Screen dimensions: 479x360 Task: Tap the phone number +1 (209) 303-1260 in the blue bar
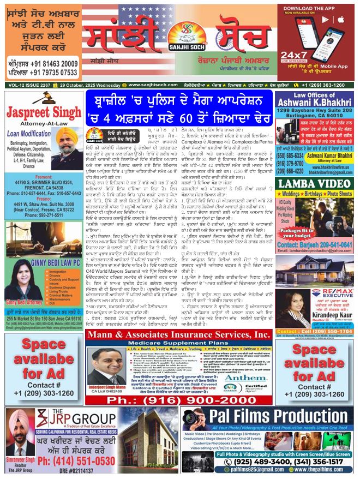[x=326, y=85]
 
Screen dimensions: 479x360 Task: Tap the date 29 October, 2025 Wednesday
[x=86, y=85]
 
